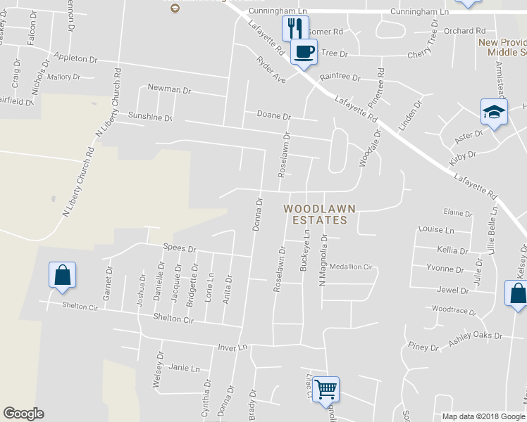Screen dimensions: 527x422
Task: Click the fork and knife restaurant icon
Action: coord(294,28)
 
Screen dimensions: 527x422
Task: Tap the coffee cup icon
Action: coord(304,51)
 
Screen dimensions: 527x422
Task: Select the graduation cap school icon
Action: coord(494,111)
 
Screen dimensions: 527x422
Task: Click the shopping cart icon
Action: coord(325,388)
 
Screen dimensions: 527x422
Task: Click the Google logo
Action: coord(24,414)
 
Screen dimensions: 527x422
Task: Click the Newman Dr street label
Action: coord(169,89)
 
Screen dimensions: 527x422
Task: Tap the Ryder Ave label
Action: coord(271,70)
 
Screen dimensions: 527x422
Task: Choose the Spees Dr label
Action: coord(179,248)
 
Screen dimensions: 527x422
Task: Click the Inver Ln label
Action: coord(235,347)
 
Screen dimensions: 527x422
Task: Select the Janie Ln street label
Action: coord(185,368)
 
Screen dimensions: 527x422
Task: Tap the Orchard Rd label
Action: coord(465,31)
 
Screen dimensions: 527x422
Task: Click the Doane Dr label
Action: coord(274,115)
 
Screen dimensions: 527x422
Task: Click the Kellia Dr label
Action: coord(452,250)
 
